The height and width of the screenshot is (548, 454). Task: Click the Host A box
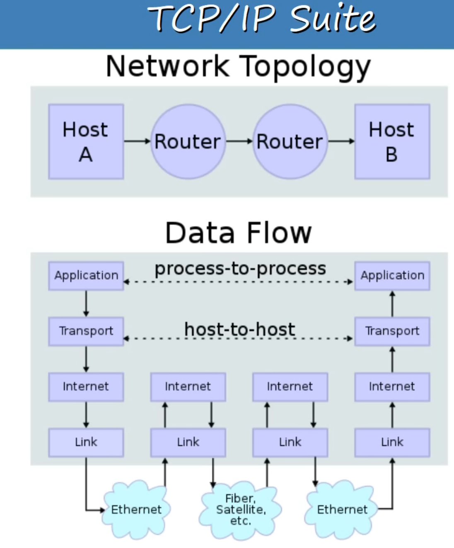tap(86, 141)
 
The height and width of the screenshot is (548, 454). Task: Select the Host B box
tap(392, 141)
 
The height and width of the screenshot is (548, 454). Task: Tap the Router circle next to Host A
tap(188, 141)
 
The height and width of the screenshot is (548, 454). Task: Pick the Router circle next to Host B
tap(290, 141)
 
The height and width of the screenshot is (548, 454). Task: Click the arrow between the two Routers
tap(239, 141)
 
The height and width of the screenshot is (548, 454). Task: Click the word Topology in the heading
tap(305, 66)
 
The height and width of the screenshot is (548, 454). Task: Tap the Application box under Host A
tap(86, 275)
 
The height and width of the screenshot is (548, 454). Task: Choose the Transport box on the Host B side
tap(392, 331)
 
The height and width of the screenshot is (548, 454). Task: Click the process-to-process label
tap(240, 269)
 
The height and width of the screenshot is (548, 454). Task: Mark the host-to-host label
tap(239, 330)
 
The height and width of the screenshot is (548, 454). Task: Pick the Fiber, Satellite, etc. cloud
tap(240, 509)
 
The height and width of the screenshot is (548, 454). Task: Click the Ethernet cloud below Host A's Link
tap(136, 509)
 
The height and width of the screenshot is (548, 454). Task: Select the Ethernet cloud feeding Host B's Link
tap(342, 509)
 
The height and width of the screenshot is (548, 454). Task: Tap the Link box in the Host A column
tap(86, 442)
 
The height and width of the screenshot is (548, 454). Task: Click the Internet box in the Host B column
tap(392, 386)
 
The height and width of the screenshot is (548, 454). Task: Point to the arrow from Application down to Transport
tap(86, 303)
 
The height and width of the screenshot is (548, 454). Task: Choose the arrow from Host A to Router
tap(137, 141)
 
